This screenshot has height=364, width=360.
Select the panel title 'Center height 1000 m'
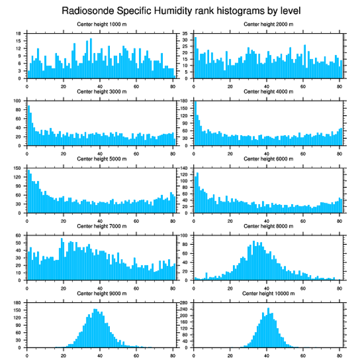[x=101, y=24]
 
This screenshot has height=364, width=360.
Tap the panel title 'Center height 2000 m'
[x=268, y=24]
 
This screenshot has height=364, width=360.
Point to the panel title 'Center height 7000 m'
[x=101, y=226]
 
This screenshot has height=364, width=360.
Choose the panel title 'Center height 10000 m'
[x=268, y=293]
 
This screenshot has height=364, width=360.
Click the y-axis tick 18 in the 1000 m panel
[x=19, y=34]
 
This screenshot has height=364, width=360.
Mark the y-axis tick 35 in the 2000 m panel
[x=186, y=34]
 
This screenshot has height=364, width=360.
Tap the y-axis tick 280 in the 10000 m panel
[x=184, y=303]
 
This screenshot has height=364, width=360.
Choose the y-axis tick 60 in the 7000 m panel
[x=19, y=236]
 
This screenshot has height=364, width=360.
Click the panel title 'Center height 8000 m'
[x=268, y=226]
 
